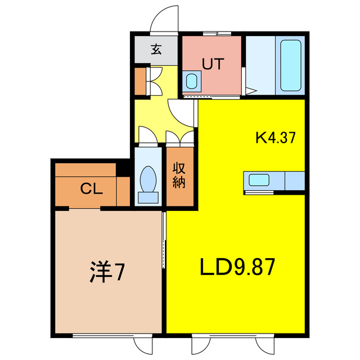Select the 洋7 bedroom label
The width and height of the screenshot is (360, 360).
[x=106, y=272]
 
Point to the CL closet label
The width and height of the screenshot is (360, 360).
[x=91, y=189]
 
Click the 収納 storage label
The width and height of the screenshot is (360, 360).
[x=179, y=175]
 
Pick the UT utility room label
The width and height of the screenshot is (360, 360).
[x=212, y=64]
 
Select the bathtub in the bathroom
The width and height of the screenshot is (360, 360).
[x=290, y=66]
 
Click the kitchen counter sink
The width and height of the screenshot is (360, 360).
[x=259, y=180]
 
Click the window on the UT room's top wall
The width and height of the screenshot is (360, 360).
[x=214, y=34]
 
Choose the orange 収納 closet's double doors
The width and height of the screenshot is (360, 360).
[x=181, y=137]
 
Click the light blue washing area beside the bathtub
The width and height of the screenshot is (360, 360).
[x=260, y=66]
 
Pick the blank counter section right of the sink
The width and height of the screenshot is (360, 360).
[x=295, y=181]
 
